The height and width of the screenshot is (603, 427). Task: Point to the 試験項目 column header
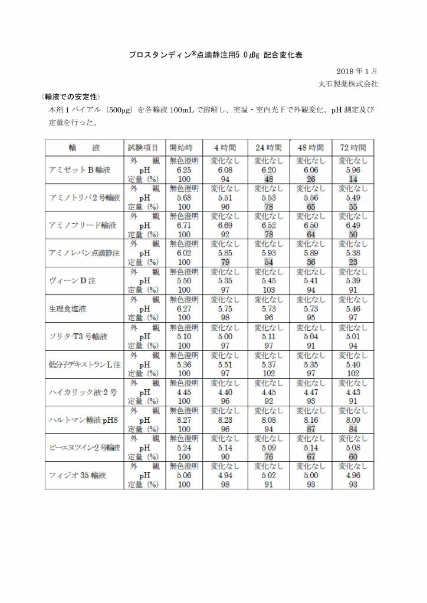(143, 147)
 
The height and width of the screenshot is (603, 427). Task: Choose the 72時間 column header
(353, 147)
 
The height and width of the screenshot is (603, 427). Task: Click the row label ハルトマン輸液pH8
(83, 420)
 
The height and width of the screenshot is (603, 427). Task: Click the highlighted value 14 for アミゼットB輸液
(353, 179)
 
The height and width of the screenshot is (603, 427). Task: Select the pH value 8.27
(184, 420)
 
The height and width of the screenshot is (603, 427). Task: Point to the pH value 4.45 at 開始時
(184, 392)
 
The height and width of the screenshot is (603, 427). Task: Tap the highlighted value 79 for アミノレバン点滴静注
(226, 262)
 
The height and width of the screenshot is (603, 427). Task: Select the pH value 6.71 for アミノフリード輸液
(184, 226)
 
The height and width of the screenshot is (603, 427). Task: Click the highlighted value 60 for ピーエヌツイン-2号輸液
(353, 457)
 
